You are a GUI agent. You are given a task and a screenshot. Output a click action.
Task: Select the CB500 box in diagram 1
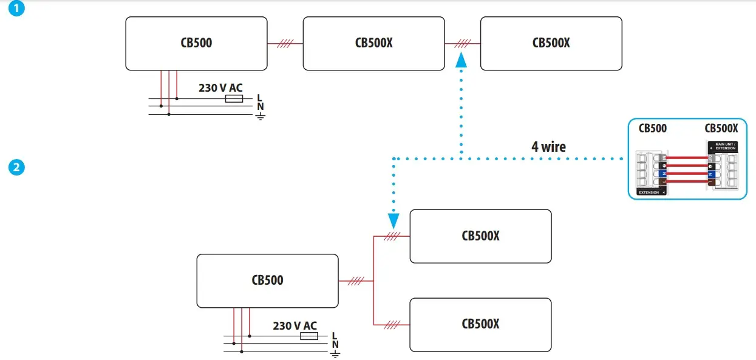[197, 43]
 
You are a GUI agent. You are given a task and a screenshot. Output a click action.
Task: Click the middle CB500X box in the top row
[373, 43]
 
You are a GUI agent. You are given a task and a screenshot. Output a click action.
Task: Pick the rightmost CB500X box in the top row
[551, 43]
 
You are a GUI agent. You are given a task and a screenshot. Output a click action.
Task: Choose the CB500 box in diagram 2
[267, 280]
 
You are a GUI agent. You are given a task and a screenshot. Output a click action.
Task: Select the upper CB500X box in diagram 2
[480, 236]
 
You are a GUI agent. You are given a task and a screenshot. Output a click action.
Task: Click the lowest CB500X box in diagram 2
[480, 324]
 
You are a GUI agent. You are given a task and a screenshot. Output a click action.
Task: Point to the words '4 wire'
[549, 146]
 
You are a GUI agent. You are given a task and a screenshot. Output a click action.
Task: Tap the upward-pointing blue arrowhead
[461, 59]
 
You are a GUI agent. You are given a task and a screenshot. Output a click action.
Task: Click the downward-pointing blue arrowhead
[393, 220]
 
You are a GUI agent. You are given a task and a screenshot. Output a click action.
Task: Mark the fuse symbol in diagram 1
[234, 98]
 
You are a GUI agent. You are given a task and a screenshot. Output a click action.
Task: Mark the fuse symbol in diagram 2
[309, 335]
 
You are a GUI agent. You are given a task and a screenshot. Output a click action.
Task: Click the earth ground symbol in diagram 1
[261, 115]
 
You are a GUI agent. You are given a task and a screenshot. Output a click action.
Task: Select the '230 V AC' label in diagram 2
[295, 325]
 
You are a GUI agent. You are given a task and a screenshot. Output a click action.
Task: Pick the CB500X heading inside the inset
[721, 128]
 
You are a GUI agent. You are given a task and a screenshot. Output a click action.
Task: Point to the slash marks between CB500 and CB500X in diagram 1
[285, 44]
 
